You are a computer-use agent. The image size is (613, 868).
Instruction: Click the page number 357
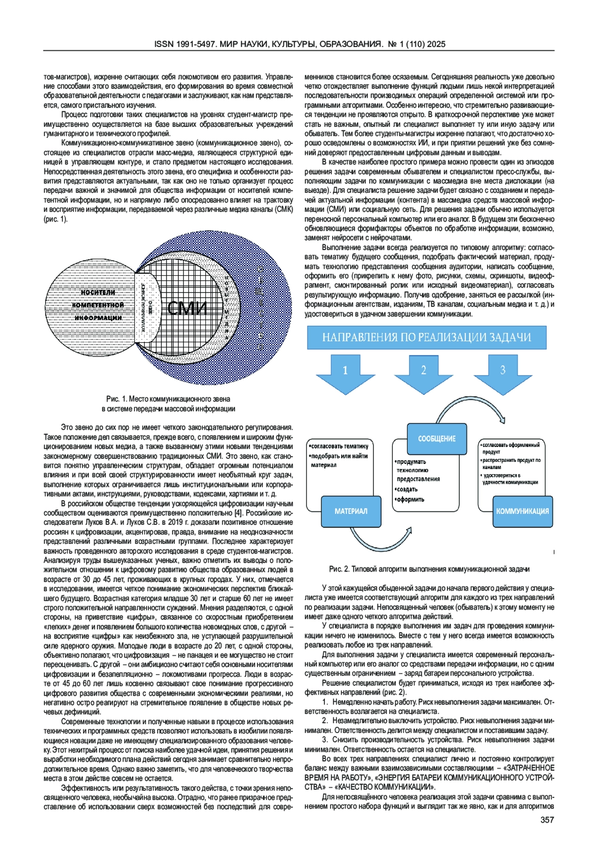pyautogui.click(x=547, y=820)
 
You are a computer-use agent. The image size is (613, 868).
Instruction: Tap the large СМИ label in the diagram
pyautogui.click(x=187, y=308)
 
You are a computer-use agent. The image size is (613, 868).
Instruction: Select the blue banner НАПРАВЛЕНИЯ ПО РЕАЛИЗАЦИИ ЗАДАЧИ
pyautogui.click(x=426, y=338)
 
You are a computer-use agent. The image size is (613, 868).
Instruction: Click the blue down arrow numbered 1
pyautogui.click(x=345, y=373)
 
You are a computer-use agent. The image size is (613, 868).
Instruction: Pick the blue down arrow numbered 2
pyautogui.click(x=423, y=373)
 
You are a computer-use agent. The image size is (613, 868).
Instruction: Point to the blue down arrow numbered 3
pyautogui.click(x=503, y=373)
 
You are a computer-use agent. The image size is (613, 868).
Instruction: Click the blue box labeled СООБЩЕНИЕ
pyautogui.click(x=437, y=438)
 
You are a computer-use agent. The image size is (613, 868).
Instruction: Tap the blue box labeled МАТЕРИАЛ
pyautogui.click(x=351, y=511)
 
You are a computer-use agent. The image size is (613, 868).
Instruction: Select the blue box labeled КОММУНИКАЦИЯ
pyautogui.click(x=522, y=511)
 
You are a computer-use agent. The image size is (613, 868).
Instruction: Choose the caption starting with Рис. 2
pyautogui.click(x=429, y=569)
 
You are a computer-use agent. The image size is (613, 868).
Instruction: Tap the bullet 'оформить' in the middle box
pyautogui.click(x=411, y=499)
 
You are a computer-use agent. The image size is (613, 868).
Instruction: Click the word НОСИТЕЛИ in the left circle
pyautogui.click(x=98, y=293)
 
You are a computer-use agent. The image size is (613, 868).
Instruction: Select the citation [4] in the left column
pyautogui.click(x=238, y=513)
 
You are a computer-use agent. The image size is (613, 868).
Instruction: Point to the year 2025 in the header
pyautogui.click(x=437, y=44)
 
